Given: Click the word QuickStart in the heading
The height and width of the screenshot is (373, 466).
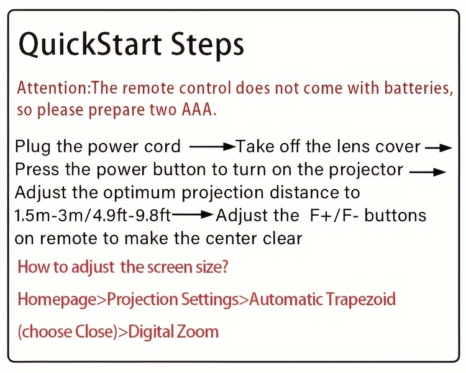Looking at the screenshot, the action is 90,45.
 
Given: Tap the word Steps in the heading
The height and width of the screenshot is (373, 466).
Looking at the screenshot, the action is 208,47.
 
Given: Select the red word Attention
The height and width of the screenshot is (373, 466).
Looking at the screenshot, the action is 53,88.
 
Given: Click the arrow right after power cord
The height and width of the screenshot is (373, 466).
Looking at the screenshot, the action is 212,147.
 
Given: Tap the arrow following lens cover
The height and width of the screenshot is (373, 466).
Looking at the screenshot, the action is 439,147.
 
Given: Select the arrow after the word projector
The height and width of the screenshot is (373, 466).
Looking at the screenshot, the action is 427,172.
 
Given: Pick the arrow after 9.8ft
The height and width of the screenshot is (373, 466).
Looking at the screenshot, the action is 193,214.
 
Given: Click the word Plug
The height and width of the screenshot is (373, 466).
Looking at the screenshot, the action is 33,147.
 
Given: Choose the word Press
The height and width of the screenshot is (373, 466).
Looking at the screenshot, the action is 37,170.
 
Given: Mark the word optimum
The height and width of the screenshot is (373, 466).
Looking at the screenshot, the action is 139,193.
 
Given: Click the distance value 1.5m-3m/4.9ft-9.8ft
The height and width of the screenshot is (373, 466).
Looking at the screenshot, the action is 93,215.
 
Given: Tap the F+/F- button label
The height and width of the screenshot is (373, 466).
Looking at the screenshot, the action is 334,215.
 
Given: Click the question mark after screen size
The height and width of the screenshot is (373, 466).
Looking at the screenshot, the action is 224,267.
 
